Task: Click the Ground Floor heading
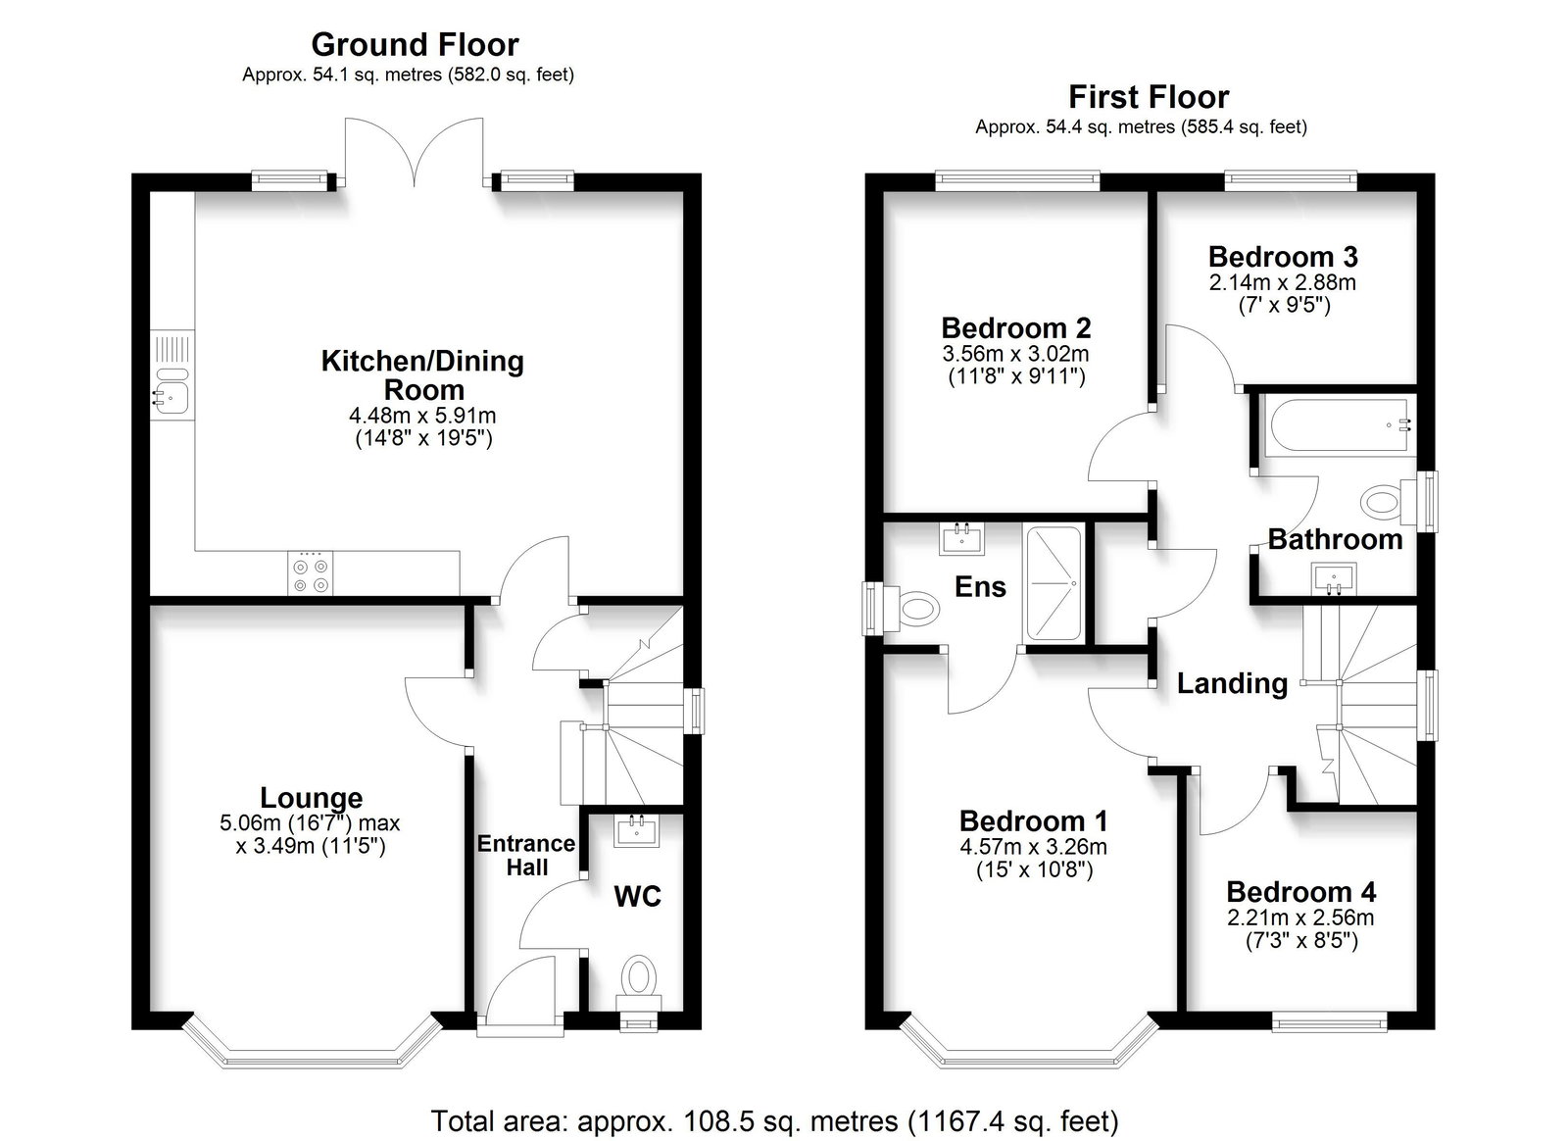point(416,45)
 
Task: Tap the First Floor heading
point(1149,97)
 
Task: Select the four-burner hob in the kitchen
point(310,574)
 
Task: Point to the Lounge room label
point(312,797)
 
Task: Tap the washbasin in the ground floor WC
point(637,831)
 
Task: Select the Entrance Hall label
point(526,856)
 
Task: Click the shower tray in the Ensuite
point(1053,583)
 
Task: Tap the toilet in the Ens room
point(912,610)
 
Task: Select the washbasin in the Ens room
point(962,539)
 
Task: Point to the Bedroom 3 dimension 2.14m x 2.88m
point(1283,283)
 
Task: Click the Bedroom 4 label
point(1300,892)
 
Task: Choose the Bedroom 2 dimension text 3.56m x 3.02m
point(1015,354)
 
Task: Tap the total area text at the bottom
point(774,1120)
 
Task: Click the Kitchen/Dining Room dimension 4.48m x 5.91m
point(422,415)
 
